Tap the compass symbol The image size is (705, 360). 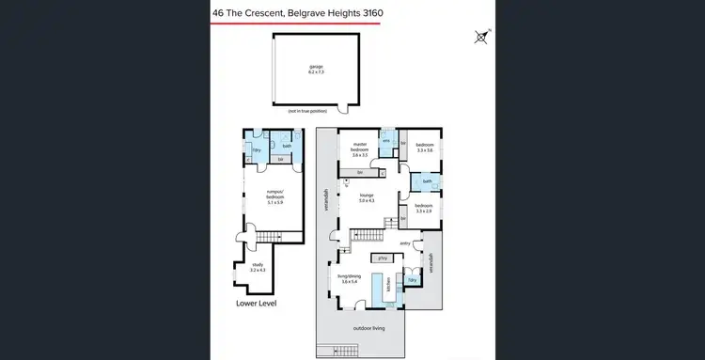tap(482, 38)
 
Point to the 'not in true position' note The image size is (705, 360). tap(314, 111)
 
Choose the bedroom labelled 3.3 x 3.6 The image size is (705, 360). tap(424, 148)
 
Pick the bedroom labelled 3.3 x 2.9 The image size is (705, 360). tap(423, 208)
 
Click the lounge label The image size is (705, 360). tap(367, 197)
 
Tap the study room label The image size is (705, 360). tap(258, 267)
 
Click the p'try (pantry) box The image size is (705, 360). tap(383, 258)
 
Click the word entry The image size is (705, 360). tap(405, 243)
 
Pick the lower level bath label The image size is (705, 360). tap(287, 146)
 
